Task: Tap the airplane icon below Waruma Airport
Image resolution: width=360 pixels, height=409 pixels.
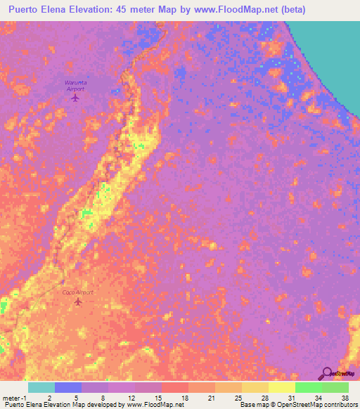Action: pyautogui.click(x=76, y=98)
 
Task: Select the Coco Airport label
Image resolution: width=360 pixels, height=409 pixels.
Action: pyautogui.click(x=78, y=292)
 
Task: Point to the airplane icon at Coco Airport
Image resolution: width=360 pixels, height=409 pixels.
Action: pyautogui.click(x=77, y=302)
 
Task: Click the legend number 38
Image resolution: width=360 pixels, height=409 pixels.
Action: pyautogui.click(x=345, y=398)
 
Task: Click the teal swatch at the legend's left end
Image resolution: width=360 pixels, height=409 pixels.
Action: pyautogui.click(x=41, y=387)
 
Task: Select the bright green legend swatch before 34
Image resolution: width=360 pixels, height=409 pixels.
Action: pyautogui.click(x=308, y=387)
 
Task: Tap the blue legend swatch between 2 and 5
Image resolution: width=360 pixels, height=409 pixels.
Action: pyautogui.click(x=68, y=387)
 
